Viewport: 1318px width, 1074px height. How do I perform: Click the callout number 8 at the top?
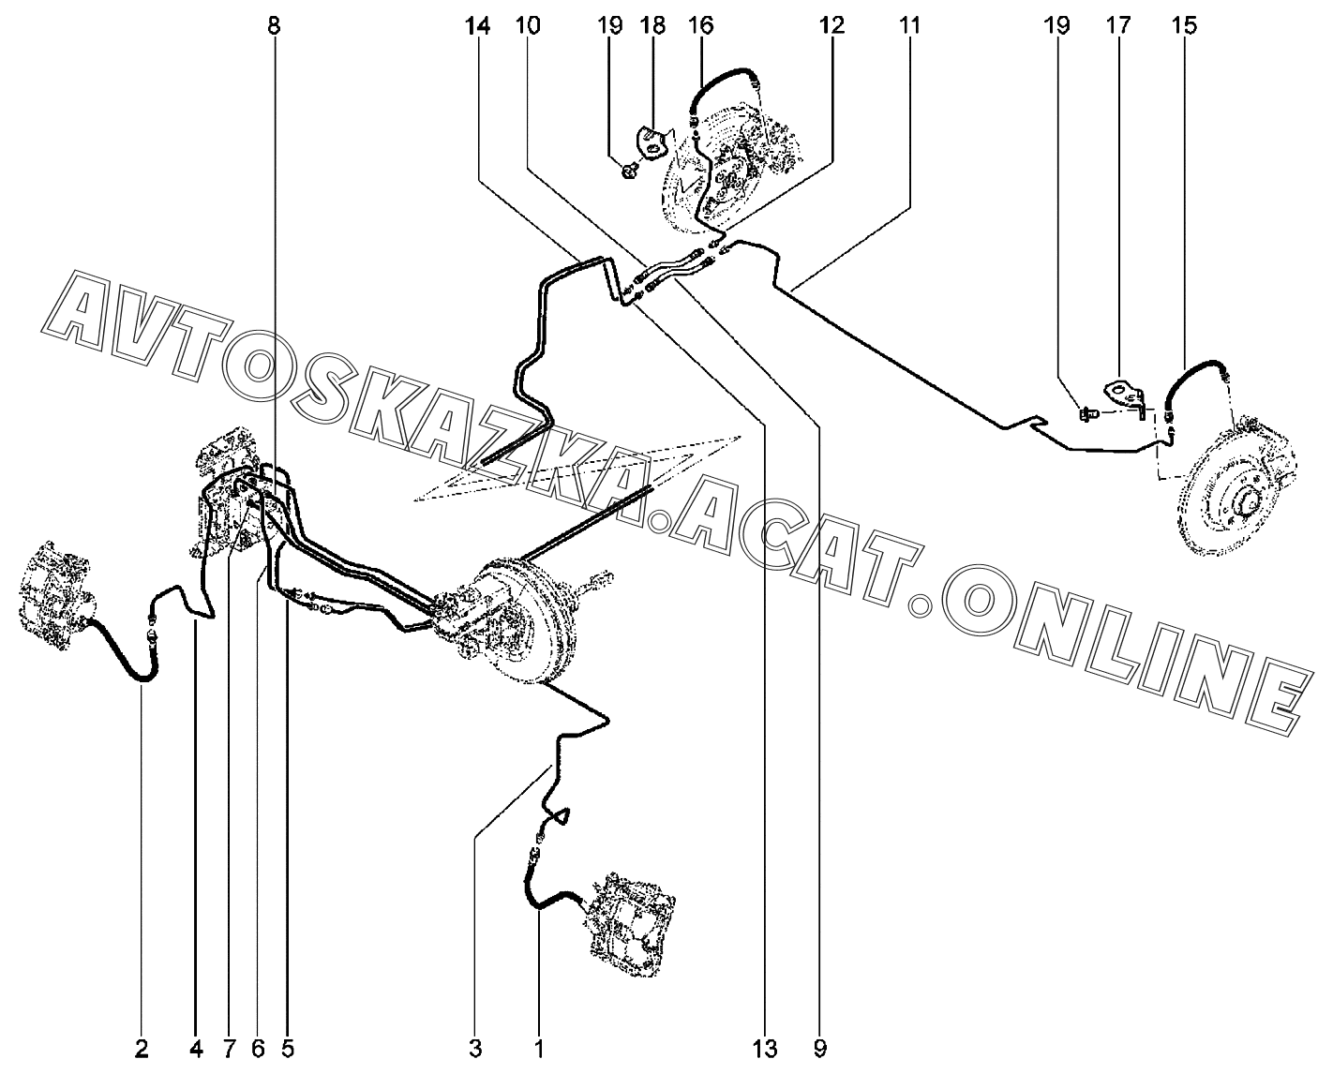pos(273,25)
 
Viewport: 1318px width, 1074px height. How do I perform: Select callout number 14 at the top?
pos(476,25)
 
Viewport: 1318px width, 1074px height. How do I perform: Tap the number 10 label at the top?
pos(527,25)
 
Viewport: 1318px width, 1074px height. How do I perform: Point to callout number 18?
pos(652,25)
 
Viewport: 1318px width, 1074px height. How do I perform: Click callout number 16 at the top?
pos(700,25)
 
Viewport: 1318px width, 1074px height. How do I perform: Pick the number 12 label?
pos(831,25)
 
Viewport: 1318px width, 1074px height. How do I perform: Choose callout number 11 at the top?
pos(909,25)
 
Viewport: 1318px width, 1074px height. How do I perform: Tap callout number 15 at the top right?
pos(1184,25)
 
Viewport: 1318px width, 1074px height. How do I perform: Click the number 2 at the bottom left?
pos(142,1047)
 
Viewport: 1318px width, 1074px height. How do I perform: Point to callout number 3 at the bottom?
pos(474,1047)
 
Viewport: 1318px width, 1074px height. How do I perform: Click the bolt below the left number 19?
pos(630,170)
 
